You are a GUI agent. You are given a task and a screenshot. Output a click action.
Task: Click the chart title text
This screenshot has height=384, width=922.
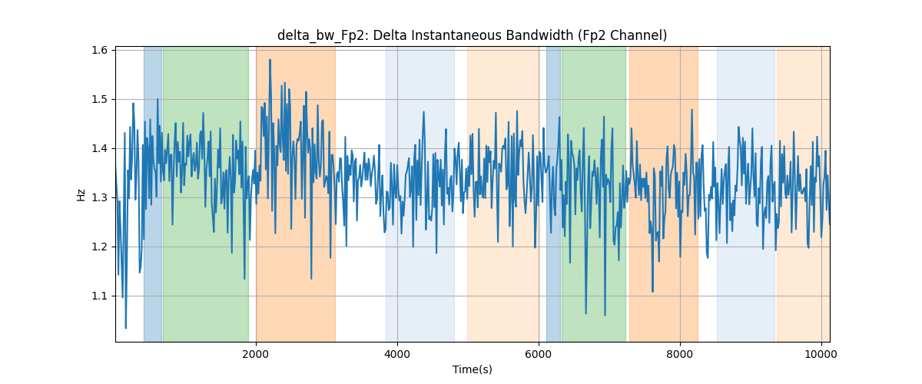pos(472,35)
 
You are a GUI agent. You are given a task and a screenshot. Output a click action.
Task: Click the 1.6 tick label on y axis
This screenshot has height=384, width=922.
pos(99,50)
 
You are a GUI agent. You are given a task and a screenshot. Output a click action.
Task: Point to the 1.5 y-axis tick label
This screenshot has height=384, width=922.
pos(99,100)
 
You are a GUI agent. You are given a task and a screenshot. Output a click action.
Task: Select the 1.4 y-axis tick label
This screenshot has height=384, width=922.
pos(99,148)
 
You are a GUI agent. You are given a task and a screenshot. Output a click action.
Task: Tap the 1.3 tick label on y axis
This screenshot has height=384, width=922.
pos(99,198)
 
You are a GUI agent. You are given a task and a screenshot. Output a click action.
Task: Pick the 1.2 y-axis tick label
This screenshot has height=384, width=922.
pos(99,247)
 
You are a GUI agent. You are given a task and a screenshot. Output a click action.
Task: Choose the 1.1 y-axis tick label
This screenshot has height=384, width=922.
pos(99,296)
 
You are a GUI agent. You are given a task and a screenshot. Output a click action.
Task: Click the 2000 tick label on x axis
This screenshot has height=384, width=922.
pos(256,354)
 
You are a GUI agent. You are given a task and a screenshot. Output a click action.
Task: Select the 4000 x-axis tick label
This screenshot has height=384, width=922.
pos(397,354)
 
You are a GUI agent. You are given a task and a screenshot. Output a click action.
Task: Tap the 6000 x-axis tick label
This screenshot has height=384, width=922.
pos(539,354)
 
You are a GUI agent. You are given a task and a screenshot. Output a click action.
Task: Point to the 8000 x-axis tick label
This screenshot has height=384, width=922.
pos(680,354)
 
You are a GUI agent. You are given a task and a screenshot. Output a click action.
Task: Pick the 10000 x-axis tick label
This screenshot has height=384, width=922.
pos(821,354)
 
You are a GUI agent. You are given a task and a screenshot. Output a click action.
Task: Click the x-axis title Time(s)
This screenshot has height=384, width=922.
pos(472,369)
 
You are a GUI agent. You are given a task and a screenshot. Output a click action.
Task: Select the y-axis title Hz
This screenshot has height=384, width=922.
pos(81,195)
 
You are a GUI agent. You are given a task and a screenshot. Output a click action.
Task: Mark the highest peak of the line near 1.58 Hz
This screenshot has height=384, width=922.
pos(270,60)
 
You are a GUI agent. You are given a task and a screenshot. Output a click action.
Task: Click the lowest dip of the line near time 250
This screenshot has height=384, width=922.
pos(125,328)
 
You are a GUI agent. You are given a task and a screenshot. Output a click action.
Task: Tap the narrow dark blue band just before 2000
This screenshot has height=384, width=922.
pos(153,194)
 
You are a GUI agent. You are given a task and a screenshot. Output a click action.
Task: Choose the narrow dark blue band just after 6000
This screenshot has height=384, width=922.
pos(554,194)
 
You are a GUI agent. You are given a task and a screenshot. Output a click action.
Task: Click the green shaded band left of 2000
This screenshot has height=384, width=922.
pos(206,194)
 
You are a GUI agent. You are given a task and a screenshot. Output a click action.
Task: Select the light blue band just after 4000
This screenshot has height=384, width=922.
pos(420,194)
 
